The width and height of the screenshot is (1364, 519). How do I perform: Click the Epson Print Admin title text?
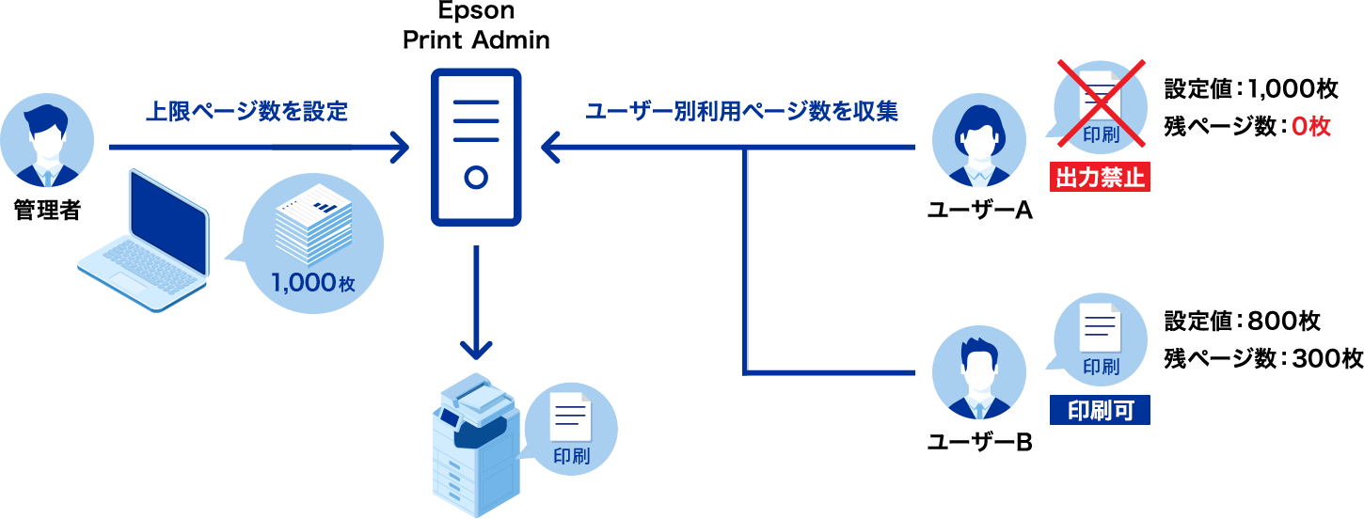coord(476,26)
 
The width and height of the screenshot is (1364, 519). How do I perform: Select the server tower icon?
coord(476,147)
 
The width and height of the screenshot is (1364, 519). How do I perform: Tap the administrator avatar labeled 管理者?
coord(47,140)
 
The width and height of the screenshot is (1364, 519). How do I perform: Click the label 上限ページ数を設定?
coord(246,112)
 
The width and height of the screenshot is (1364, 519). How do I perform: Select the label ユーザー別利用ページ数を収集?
coord(741,112)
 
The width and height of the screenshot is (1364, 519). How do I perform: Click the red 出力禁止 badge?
coord(1101,177)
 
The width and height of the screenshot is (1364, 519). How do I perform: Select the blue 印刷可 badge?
coord(1101,409)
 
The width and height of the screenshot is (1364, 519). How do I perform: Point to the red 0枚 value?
coord(1311,126)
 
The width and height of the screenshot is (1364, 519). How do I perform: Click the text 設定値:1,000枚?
coord(1251,89)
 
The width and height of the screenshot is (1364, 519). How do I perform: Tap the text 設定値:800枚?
coord(1242,322)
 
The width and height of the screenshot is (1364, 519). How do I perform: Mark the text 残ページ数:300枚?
coord(1262,358)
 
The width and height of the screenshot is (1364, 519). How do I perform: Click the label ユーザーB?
coord(979,441)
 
